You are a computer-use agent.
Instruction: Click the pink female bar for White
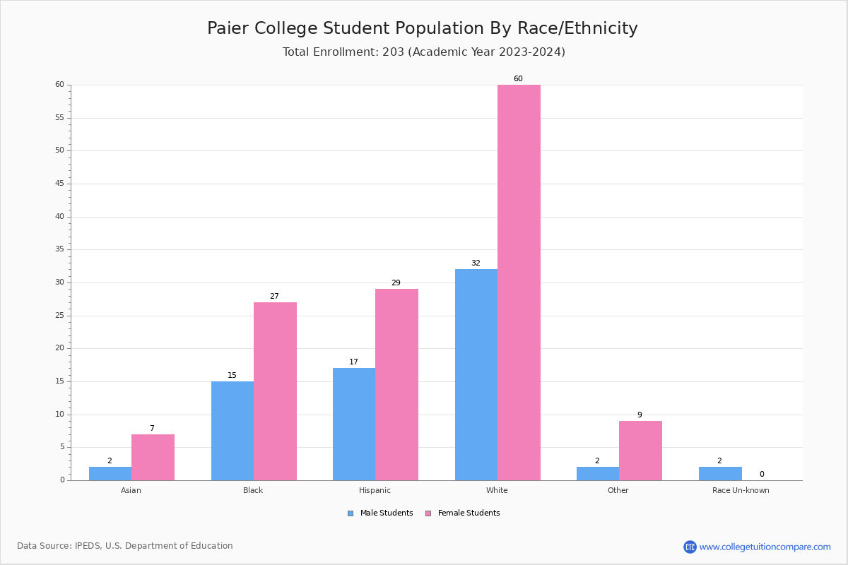click(x=519, y=282)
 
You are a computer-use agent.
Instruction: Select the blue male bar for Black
click(x=232, y=431)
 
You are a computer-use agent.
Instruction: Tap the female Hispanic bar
click(x=396, y=385)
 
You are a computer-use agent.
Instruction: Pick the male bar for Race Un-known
click(x=720, y=473)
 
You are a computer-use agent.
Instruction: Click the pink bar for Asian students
click(x=153, y=457)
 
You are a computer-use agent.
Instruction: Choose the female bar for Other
click(x=640, y=451)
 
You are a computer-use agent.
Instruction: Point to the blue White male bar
click(x=476, y=374)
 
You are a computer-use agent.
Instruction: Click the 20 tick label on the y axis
click(x=59, y=348)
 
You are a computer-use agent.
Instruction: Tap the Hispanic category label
click(x=375, y=490)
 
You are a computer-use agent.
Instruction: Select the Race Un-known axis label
click(x=741, y=490)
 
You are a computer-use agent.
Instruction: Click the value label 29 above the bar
click(x=396, y=283)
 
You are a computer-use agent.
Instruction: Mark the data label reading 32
click(x=476, y=263)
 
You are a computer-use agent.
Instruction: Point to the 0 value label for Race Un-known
click(x=762, y=475)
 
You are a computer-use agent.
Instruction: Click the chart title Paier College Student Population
click(x=423, y=28)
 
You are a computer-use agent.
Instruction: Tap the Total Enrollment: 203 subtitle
click(x=424, y=52)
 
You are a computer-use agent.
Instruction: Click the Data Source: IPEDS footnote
click(x=125, y=546)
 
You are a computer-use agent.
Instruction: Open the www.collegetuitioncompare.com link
click(x=765, y=547)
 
